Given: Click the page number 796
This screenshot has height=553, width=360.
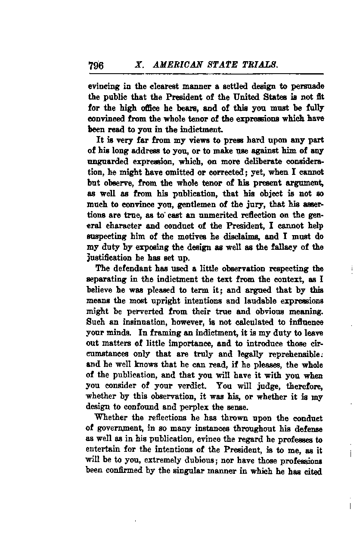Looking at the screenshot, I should [x=96, y=66].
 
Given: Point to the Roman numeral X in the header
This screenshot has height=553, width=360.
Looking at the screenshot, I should [x=138, y=65].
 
